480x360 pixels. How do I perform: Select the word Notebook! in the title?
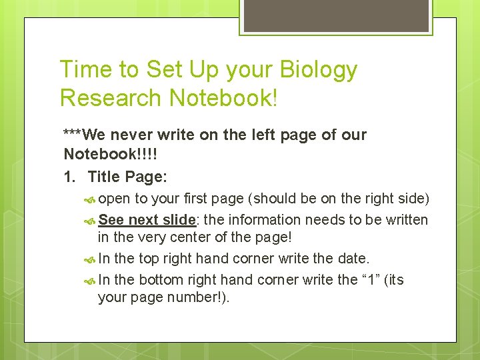(x=223, y=98)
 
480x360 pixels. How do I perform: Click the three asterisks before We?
(x=74, y=135)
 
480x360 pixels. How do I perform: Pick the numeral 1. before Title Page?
(x=69, y=177)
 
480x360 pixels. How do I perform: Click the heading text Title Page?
(x=128, y=177)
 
